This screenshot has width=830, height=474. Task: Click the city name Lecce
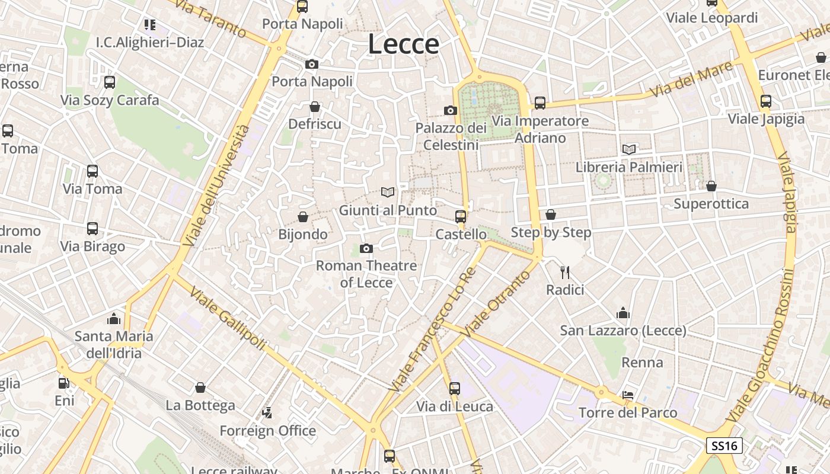coord(404,44)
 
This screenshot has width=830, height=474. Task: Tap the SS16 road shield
coord(724,446)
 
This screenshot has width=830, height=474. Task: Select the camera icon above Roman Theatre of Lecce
coord(366,248)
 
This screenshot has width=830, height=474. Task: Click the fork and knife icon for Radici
coord(565,273)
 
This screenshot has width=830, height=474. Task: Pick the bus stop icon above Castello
coord(461,217)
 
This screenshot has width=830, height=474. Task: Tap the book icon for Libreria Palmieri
coord(629,149)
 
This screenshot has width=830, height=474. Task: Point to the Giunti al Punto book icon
coord(388,192)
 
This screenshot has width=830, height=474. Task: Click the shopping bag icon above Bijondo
coord(303,217)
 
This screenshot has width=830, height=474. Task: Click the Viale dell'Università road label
coord(217,185)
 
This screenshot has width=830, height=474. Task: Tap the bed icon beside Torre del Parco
coord(628,395)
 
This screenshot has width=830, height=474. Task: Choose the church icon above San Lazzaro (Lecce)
coord(623,313)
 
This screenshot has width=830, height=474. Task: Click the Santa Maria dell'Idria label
coord(114,345)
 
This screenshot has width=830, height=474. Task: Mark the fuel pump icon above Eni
coord(64,383)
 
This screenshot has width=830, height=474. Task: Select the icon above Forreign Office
coord(267,412)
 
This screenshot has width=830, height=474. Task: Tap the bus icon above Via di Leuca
coord(455,389)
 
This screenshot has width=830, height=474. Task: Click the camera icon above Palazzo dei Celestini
coord(451,110)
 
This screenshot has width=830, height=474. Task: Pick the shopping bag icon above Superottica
coord(711,186)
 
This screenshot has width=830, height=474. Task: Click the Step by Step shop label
coord(551,232)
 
